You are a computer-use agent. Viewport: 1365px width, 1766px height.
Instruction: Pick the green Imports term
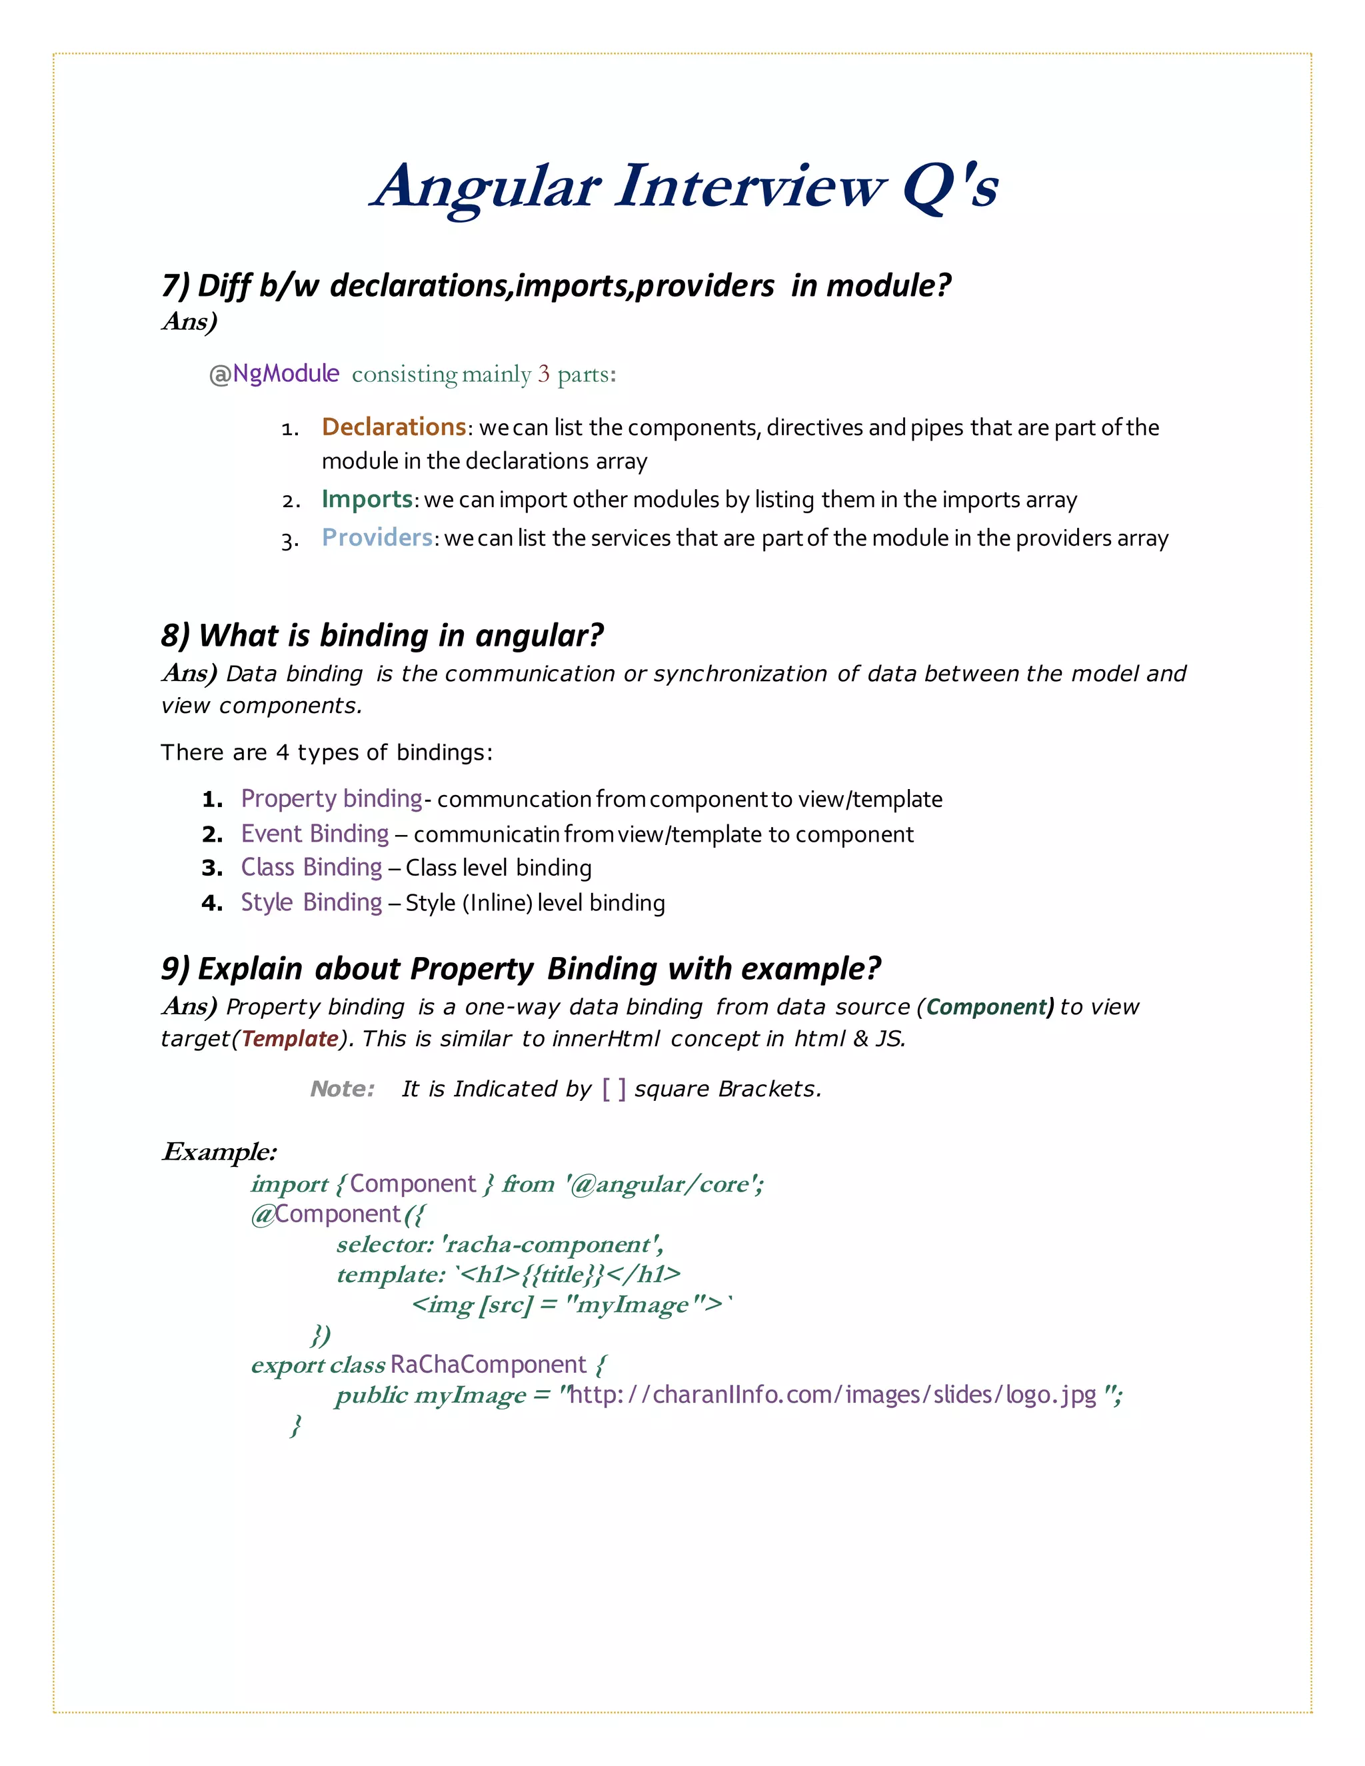pos(367,499)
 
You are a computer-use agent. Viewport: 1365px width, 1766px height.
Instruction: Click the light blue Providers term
pos(377,538)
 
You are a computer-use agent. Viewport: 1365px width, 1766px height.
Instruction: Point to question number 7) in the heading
pos(175,287)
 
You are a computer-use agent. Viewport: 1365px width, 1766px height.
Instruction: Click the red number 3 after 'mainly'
pos(543,375)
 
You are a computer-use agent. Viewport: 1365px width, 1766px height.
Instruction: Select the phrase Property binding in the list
pos(331,799)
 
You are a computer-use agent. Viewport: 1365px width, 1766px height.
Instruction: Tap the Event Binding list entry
pos(315,834)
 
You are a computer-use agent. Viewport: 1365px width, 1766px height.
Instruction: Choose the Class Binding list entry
pos(311,868)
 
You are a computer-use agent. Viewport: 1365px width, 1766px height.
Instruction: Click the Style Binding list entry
pos(311,902)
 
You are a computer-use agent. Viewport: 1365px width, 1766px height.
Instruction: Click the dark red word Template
pos(289,1039)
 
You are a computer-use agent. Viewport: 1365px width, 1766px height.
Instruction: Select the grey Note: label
pos(343,1089)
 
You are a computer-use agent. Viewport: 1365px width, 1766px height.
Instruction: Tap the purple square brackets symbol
pos(614,1089)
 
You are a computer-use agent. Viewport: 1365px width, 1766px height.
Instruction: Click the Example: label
pos(219,1152)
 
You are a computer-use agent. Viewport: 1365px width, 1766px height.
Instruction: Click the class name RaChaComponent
pos(488,1365)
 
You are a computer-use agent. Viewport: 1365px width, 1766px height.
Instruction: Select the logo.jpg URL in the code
pos(833,1395)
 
